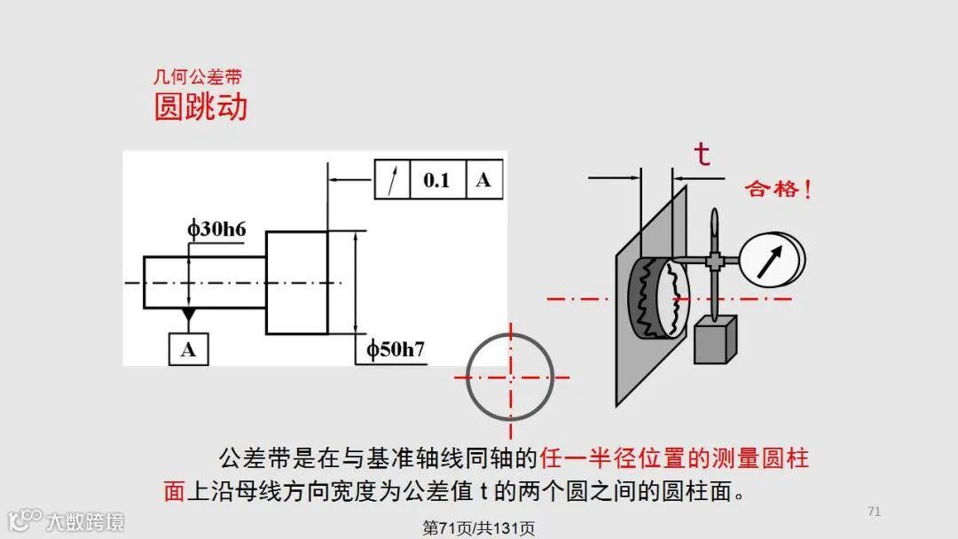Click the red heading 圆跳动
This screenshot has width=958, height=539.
pyautogui.click(x=200, y=107)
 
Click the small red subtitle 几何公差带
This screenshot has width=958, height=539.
pyautogui.click(x=198, y=78)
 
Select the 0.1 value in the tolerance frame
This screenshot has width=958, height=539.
pyautogui.click(x=436, y=180)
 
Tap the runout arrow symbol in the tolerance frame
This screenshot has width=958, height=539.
pyautogui.click(x=392, y=180)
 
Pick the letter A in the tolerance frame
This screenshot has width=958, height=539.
pyautogui.click(x=483, y=180)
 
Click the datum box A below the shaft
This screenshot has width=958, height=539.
pyautogui.click(x=188, y=348)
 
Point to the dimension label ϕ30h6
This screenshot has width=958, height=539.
pyautogui.click(x=216, y=229)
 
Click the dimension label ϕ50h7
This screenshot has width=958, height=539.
pyautogui.click(x=396, y=349)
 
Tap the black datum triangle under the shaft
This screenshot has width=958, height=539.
pyautogui.click(x=188, y=315)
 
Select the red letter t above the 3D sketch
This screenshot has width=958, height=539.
pyautogui.click(x=702, y=154)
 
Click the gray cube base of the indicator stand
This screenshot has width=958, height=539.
pyautogui.click(x=717, y=341)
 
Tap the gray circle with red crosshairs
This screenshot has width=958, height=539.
pyautogui.click(x=510, y=377)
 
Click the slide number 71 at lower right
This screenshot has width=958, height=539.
pyautogui.click(x=874, y=512)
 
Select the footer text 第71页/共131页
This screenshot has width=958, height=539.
pyautogui.click(x=479, y=528)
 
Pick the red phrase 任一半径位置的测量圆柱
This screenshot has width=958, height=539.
pyautogui.click(x=674, y=458)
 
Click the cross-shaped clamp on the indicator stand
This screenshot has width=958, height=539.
pyautogui.click(x=714, y=261)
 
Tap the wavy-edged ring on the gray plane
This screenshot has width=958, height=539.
pyautogui.click(x=654, y=297)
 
